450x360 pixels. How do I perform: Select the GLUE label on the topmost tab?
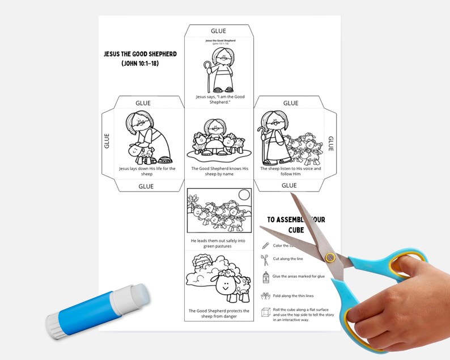point(218,31)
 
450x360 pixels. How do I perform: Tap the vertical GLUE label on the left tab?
point(107,141)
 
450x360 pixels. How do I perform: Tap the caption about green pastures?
point(218,243)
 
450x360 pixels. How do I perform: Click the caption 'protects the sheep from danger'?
point(218,314)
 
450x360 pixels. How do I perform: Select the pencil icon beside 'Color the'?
point(265,245)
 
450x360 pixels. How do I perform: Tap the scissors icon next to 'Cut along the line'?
point(265,260)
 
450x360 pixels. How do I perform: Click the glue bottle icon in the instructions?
point(265,277)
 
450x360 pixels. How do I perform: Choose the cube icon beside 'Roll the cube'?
point(265,312)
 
